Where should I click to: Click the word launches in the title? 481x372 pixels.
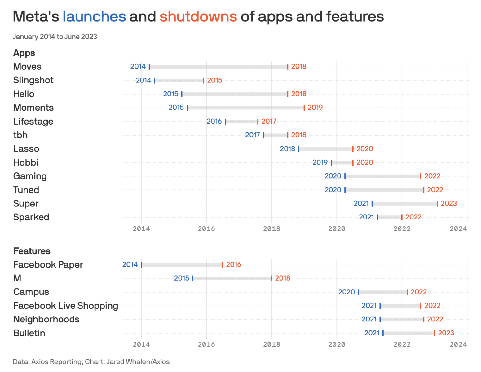[x=94, y=17]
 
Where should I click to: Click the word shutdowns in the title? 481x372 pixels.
[x=198, y=17]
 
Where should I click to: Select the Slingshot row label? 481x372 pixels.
[x=33, y=80]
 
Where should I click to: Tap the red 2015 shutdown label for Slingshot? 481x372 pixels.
[x=214, y=80]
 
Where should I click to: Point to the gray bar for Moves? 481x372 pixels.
[x=218, y=67]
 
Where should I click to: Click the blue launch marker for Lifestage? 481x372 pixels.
[x=225, y=122]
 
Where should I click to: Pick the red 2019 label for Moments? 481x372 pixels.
[x=315, y=108]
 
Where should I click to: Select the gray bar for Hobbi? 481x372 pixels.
[x=342, y=162]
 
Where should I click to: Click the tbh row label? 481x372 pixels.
[x=20, y=135]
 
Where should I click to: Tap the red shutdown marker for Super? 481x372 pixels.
[x=437, y=204]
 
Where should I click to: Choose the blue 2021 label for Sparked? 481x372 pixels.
[x=366, y=217]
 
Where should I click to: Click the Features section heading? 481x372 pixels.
[x=32, y=251]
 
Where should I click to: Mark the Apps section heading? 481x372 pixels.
[x=24, y=53]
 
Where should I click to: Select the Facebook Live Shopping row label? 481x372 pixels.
[x=66, y=306]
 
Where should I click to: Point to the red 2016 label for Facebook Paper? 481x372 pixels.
[x=233, y=264]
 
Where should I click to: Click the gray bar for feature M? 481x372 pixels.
[x=232, y=278]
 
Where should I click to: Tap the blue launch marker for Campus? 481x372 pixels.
[x=359, y=292]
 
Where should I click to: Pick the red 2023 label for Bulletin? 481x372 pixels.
[x=446, y=333]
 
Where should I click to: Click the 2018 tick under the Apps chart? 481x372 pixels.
[x=271, y=229]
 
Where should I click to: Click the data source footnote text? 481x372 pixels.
[x=91, y=362]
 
